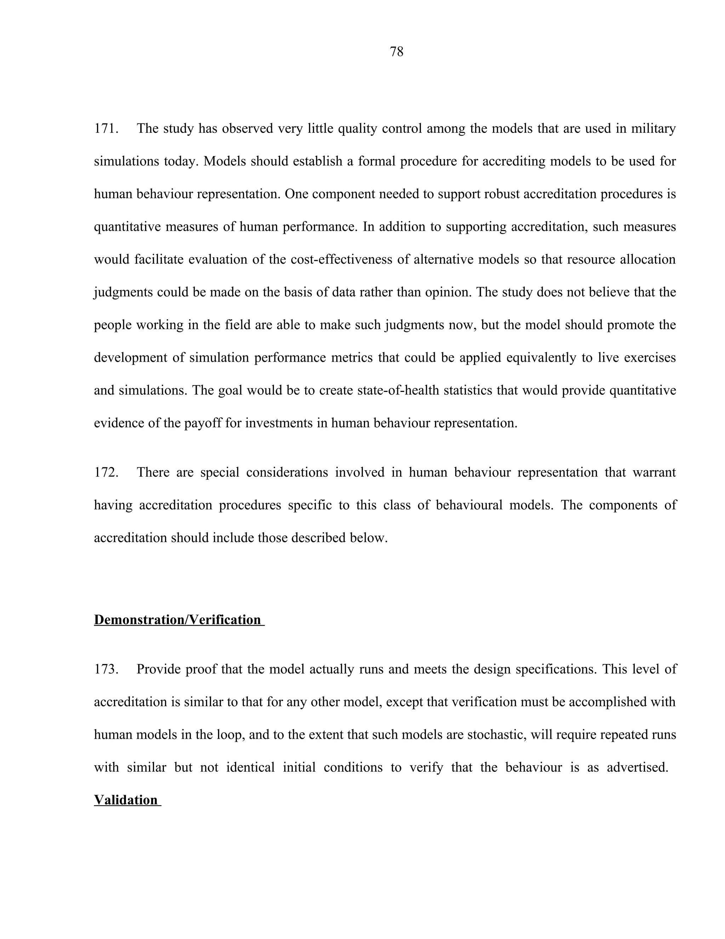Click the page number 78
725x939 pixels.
tap(396, 52)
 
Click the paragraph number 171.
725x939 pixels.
tap(105, 129)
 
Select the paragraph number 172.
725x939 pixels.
tap(105, 472)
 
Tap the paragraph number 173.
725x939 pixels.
tap(105, 669)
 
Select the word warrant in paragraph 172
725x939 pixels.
tap(654, 472)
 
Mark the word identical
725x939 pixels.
tap(250, 767)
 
